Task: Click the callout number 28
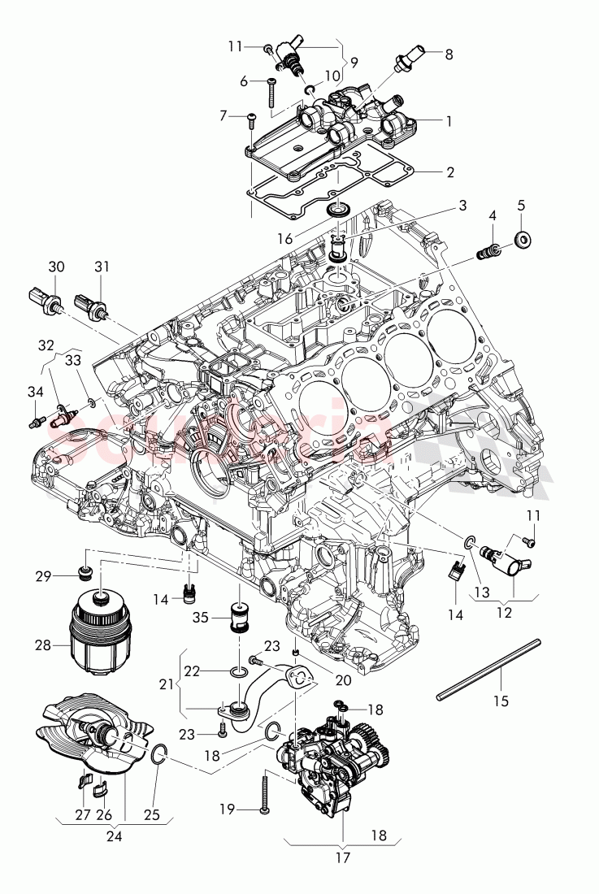pos(42,645)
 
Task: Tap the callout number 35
pos(201,618)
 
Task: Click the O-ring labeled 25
pos(158,758)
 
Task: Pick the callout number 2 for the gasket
pos(449,172)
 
